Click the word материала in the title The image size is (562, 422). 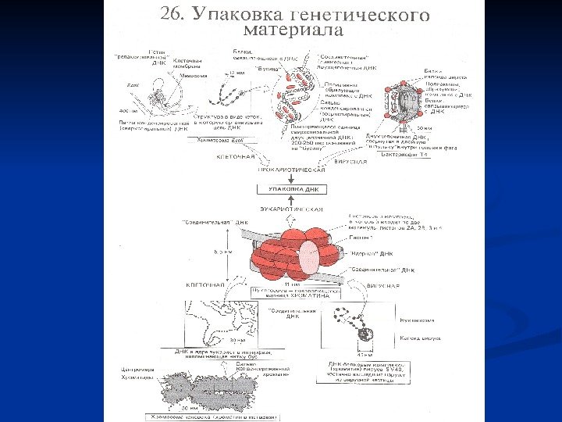pos(295,31)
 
